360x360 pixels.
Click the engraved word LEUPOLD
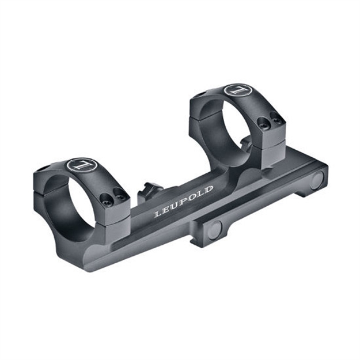point(184,201)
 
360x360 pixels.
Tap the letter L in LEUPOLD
point(157,214)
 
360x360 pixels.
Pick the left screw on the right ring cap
point(264,123)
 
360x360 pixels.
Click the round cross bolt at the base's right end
point(316,181)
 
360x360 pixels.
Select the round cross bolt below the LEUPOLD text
point(214,229)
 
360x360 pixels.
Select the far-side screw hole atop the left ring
point(44,168)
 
